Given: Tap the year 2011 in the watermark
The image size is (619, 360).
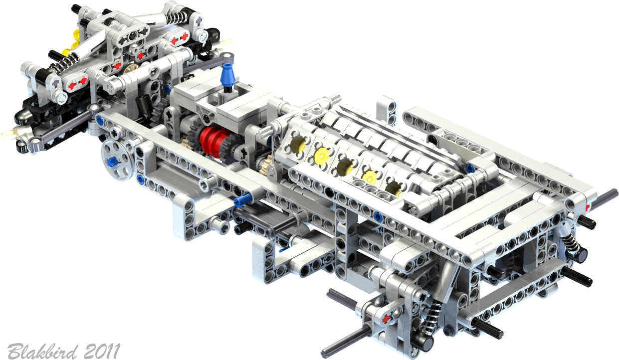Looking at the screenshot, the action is tap(102, 351).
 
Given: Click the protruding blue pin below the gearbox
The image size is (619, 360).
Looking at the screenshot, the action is tap(243, 199).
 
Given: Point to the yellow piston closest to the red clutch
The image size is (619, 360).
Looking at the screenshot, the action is tap(297, 144).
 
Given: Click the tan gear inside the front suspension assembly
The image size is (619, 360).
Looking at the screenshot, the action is tap(130, 69).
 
